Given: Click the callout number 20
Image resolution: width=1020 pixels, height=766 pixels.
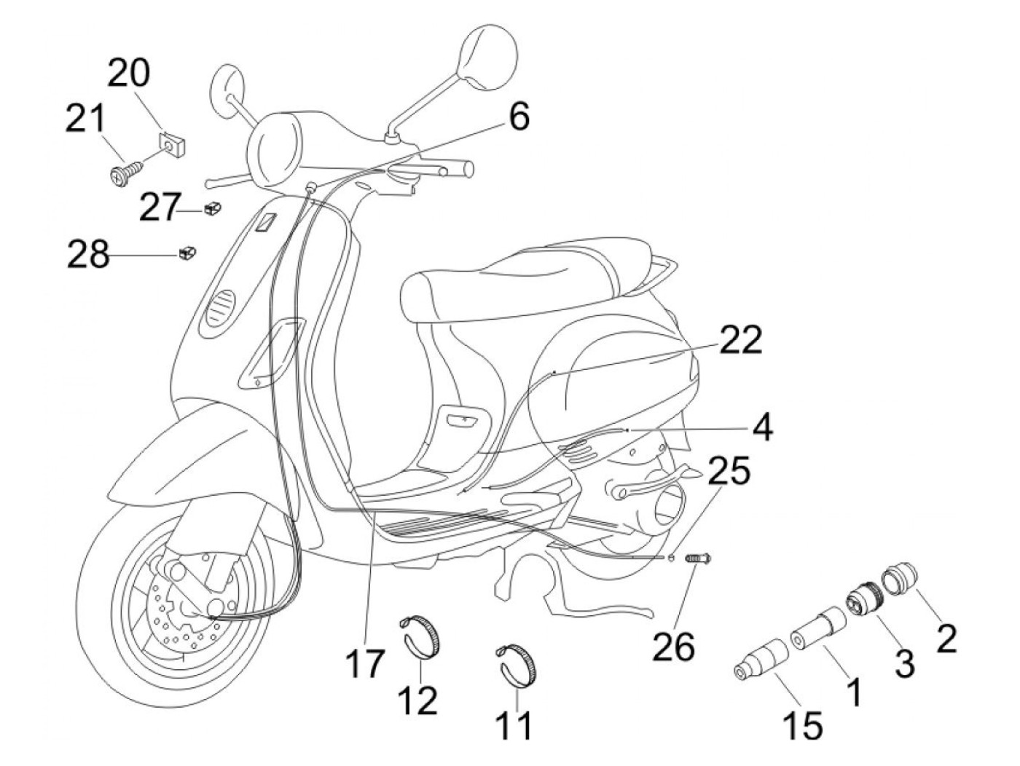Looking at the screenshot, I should pos(130,74).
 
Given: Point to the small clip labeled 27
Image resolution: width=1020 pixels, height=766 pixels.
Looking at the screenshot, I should pos(213,209).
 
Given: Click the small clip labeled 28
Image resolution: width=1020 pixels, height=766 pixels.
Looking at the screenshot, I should pos(186,253).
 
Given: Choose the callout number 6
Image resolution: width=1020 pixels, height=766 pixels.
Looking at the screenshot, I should pos(519,117).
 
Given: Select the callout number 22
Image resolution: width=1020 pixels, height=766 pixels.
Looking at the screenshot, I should pos(742,340).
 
